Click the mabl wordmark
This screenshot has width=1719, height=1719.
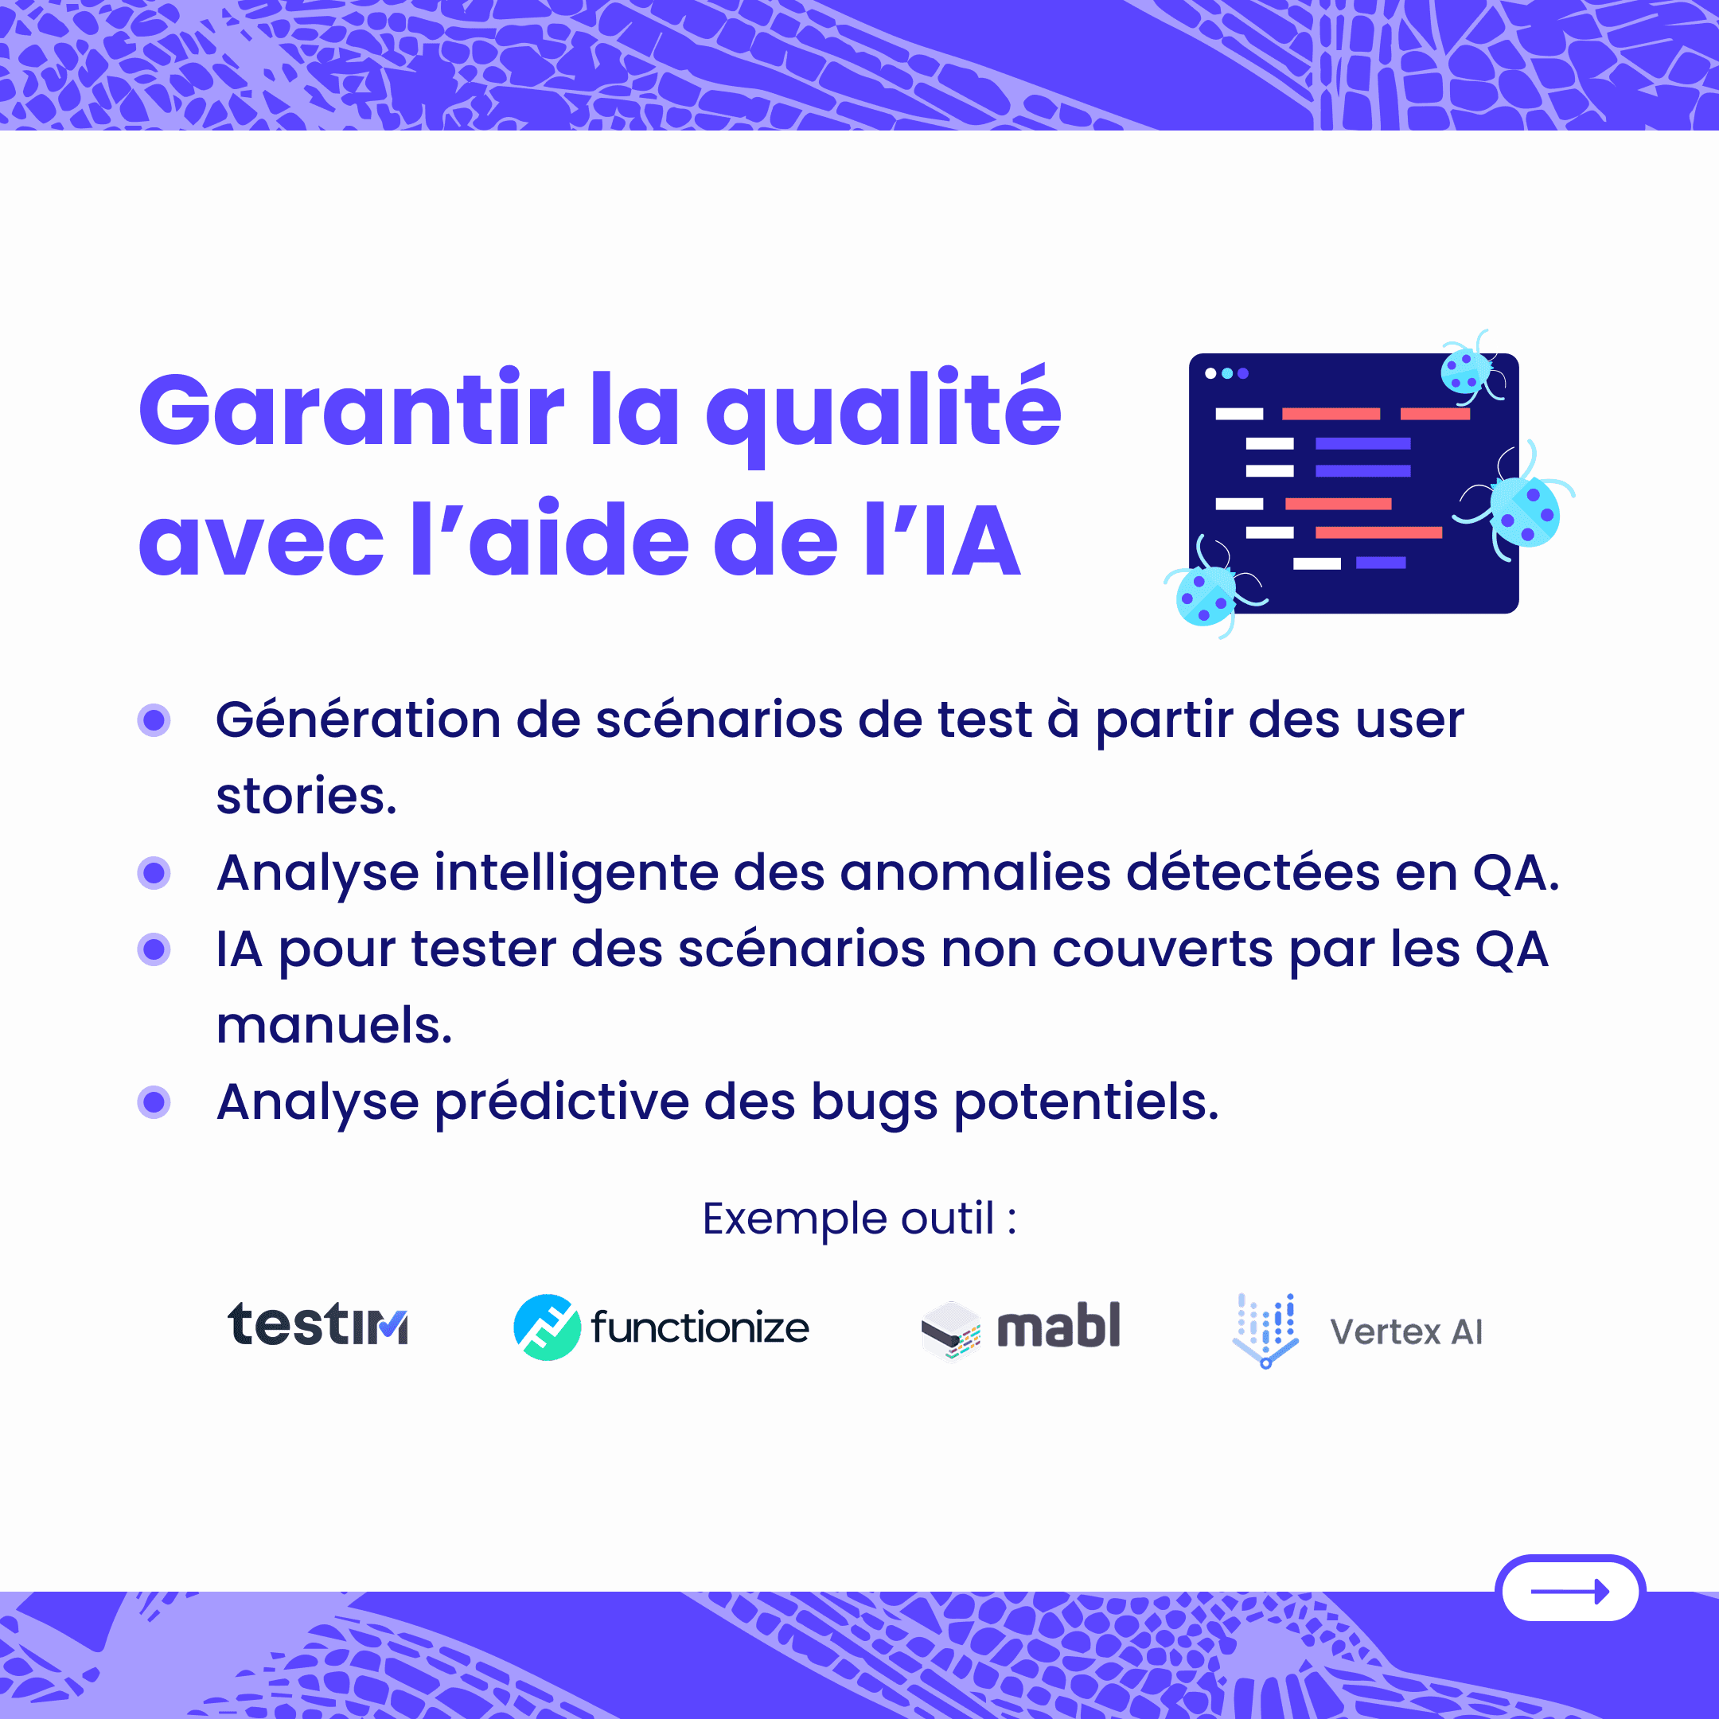[1058, 1326]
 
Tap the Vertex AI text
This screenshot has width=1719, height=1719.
[1405, 1332]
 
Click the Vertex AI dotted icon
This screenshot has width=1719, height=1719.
[1265, 1330]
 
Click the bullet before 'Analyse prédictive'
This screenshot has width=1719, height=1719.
[154, 1102]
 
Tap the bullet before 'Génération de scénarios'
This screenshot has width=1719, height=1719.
[154, 719]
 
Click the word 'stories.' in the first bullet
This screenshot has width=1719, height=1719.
[306, 796]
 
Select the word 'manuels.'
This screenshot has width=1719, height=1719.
[334, 1025]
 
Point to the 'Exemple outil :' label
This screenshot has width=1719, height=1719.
[859, 1219]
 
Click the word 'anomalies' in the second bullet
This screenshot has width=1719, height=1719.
[975, 872]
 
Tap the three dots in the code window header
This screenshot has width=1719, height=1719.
[1227, 374]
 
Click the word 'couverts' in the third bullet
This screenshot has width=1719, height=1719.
[1163, 949]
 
